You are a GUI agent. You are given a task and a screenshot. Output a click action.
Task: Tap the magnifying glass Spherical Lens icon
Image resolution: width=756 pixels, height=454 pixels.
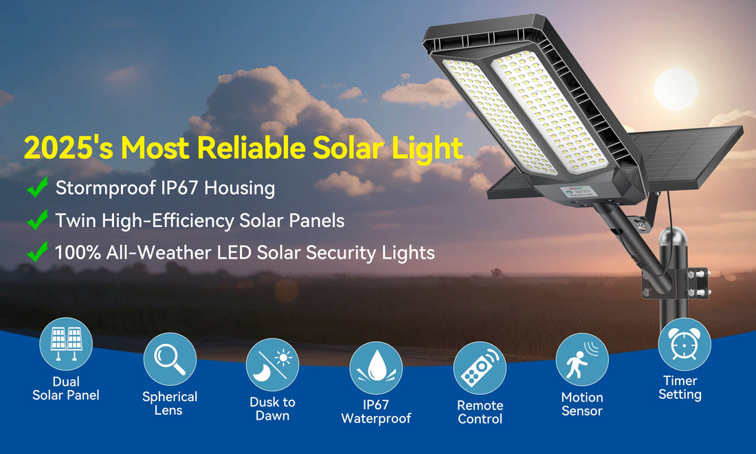170,359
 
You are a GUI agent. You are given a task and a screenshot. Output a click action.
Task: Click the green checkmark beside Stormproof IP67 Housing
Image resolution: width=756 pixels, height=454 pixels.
37,187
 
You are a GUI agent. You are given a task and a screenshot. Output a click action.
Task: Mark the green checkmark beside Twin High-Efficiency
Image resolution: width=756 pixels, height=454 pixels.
37,220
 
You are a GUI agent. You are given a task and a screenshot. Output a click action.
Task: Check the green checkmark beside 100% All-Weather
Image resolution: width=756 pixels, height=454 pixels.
37,252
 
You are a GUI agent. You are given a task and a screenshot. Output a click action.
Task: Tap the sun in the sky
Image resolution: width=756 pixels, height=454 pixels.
675,89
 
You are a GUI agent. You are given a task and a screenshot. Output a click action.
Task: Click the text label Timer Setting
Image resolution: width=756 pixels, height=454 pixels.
680,387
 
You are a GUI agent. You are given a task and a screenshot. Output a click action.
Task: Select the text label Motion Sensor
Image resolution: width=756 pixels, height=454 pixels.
581,404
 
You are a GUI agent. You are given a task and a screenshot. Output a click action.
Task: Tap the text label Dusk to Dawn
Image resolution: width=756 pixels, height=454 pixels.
272,409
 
